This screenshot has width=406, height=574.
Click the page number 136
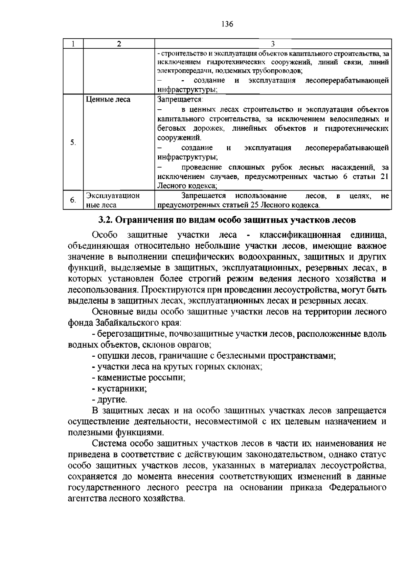click(x=227, y=24)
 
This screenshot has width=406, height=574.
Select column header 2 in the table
click(x=119, y=44)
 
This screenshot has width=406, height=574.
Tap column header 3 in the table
click(x=273, y=44)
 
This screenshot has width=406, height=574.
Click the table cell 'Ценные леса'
click(x=108, y=100)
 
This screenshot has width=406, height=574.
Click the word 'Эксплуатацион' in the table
click(x=113, y=196)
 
